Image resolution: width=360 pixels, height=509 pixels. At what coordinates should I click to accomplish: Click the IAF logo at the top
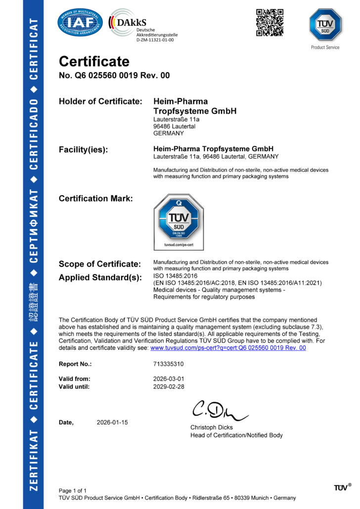(81, 22)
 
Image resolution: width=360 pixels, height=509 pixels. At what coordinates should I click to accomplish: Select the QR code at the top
(270, 22)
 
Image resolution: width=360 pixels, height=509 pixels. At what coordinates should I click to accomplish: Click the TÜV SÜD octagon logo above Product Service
(325, 25)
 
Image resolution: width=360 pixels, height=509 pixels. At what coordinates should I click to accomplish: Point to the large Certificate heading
(94, 61)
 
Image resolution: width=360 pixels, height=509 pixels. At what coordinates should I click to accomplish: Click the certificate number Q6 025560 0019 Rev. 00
(114, 76)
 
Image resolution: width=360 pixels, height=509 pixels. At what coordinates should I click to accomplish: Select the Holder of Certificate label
(100, 101)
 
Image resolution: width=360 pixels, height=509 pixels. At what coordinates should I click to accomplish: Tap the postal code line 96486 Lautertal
(174, 127)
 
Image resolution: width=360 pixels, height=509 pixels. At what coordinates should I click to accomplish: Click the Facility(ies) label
(84, 150)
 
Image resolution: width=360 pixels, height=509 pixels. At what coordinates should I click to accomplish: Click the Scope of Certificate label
(100, 264)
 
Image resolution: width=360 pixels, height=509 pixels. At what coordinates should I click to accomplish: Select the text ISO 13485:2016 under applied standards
(176, 276)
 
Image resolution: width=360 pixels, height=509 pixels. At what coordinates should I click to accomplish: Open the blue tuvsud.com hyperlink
(228, 348)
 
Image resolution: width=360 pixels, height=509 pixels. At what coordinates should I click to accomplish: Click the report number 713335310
(169, 364)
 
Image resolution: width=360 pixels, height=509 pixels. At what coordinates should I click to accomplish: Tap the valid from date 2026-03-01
(169, 379)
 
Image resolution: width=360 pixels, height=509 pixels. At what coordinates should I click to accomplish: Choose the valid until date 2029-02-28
(169, 386)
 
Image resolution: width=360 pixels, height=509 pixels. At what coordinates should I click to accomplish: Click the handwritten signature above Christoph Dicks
(218, 410)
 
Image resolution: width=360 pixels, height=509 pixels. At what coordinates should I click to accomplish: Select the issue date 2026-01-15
(112, 423)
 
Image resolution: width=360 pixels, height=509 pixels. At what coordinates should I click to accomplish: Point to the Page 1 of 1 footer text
(73, 490)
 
